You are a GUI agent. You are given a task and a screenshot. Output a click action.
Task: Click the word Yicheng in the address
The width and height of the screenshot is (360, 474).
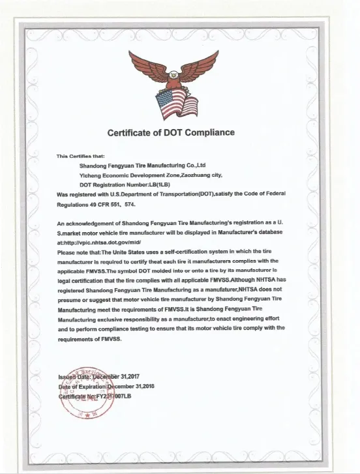[90, 175]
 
